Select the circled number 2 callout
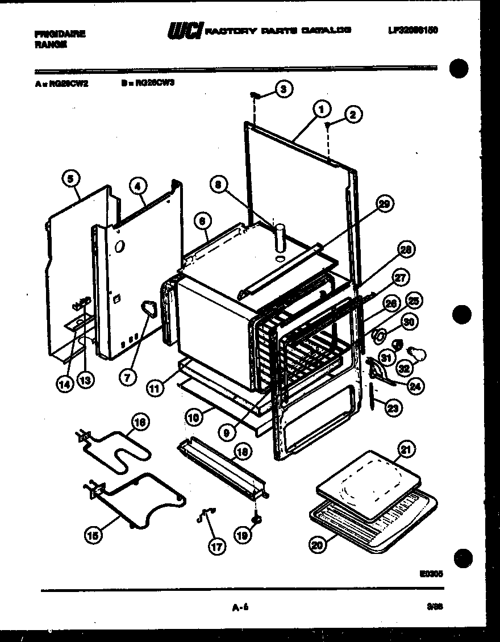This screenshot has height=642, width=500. tap(352, 115)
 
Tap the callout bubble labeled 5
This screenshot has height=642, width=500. tap(70, 178)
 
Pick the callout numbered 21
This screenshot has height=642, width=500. tap(406, 450)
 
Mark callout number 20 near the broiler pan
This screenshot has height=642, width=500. tap(319, 544)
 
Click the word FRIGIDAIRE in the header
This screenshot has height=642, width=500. tap(60, 34)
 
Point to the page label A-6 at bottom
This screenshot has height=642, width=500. tap(241, 608)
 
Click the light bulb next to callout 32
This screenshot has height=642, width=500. tap(418, 355)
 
